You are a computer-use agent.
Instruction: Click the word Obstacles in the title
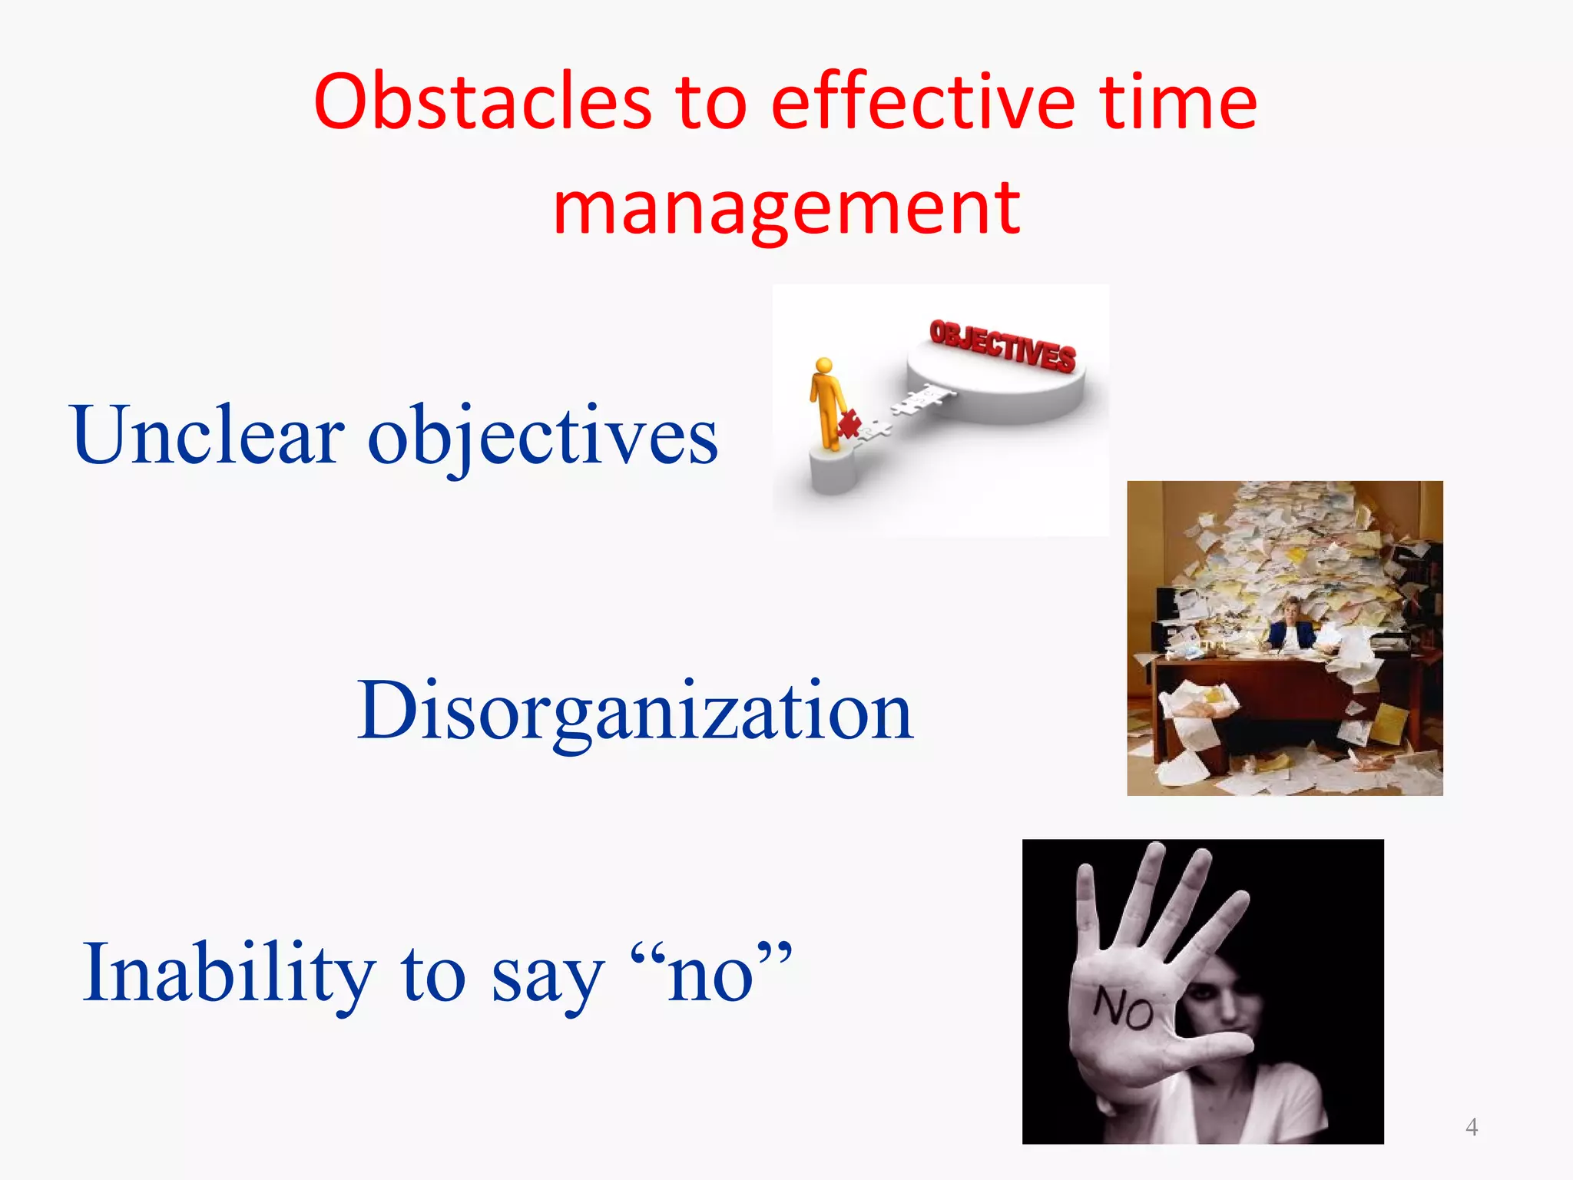coord(482,101)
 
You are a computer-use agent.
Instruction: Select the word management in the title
coord(786,207)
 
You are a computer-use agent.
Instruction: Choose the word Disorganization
coord(635,711)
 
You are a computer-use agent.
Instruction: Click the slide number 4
coord(1472,1127)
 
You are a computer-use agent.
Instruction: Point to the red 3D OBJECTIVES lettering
coord(1002,346)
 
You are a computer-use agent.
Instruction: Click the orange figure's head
coord(824,366)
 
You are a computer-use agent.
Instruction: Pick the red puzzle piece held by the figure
coord(849,423)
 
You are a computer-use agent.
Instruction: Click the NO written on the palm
coord(1123,1008)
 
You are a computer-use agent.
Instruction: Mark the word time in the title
coord(1178,101)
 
